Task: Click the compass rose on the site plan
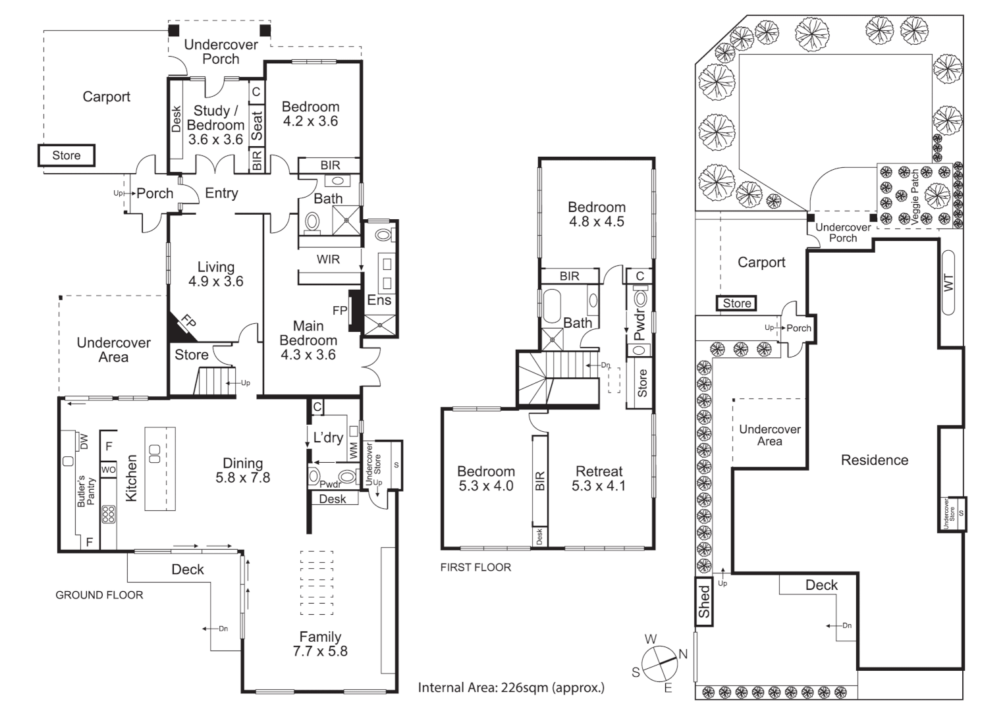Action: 659,664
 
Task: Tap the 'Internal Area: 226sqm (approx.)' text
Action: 511,688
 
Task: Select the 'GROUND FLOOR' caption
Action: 99,595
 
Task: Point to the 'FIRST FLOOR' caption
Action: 476,567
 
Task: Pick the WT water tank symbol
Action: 948,282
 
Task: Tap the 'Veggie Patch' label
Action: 915,197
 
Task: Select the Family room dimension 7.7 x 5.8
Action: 320,652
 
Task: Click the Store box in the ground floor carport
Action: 67,155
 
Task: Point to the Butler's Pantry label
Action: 86,491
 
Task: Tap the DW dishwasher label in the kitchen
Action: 84,442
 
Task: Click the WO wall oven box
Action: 108,470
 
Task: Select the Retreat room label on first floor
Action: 599,471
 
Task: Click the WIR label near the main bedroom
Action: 328,259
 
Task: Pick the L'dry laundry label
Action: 328,438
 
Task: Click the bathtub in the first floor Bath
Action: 550,306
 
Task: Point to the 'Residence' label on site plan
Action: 874,460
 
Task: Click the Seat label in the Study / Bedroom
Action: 257,126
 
